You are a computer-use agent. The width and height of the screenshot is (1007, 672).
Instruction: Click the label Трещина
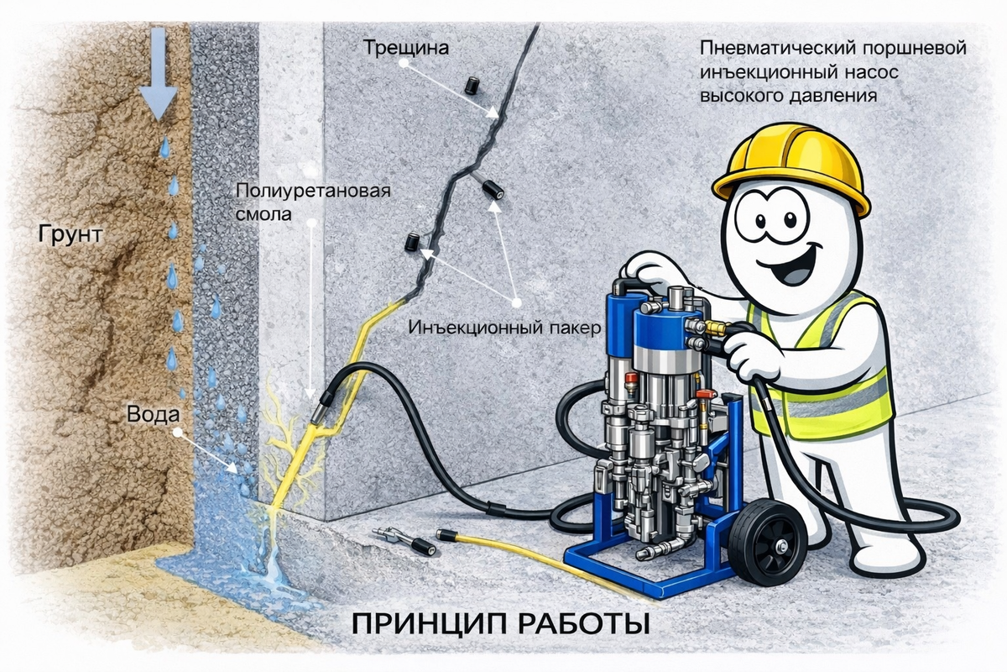[406, 48]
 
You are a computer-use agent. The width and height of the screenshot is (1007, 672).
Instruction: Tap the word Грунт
[70, 234]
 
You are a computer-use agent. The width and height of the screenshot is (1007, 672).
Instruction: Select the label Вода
[153, 414]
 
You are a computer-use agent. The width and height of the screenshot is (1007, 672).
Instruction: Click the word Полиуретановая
[313, 191]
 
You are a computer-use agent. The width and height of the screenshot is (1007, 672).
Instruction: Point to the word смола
[263, 214]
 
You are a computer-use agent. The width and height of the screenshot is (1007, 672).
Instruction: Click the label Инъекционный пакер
[504, 328]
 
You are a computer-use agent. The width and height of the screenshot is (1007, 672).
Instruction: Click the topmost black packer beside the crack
[471, 85]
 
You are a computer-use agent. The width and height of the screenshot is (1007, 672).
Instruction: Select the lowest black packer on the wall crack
[412, 242]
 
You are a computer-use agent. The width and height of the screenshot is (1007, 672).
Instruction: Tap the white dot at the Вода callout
[178, 433]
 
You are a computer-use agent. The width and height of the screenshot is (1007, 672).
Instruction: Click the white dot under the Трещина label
[404, 64]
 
